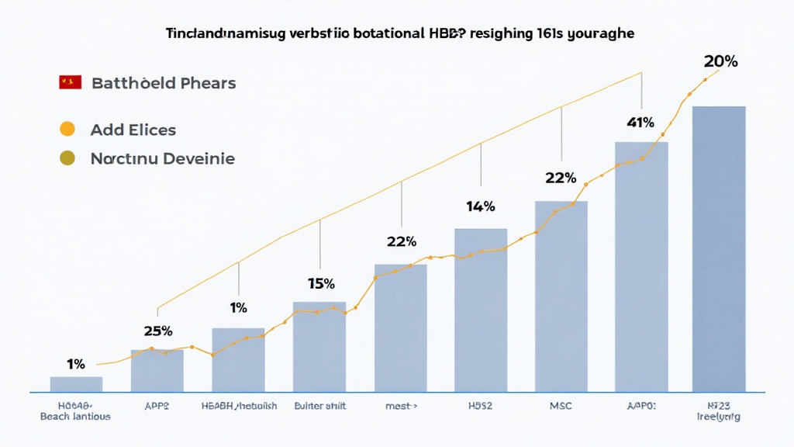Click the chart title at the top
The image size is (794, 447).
(400, 33)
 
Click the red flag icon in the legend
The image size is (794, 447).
(70, 82)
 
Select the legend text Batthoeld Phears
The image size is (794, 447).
(164, 82)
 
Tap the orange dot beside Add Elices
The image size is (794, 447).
(67, 129)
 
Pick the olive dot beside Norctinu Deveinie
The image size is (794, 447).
(67, 158)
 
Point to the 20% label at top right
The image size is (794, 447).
(720, 61)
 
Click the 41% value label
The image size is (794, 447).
(640, 122)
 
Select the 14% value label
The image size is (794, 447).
(480, 206)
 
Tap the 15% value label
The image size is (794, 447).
(320, 283)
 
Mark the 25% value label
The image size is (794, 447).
(157, 331)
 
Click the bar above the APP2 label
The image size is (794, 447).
(157, 371)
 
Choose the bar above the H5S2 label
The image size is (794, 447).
(480, 310)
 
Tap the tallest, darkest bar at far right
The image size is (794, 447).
(719, 248)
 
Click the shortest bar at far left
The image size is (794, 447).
(76, 384)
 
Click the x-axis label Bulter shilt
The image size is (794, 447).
(319, 405)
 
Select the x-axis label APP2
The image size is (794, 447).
(157, 405)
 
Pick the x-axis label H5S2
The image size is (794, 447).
(480, 405)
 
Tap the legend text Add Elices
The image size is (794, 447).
(133, 130)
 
